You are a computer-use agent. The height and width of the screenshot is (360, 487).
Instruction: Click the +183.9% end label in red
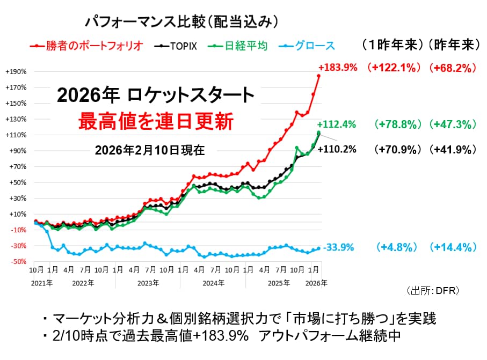(337, 68)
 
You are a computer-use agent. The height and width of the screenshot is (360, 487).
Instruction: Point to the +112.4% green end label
(337, 124)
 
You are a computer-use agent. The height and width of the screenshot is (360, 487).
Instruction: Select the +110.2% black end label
(337, 150)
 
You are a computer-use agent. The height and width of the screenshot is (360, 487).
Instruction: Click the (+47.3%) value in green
(453, 124)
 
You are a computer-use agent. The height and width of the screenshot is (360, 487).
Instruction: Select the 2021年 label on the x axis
(42, 282)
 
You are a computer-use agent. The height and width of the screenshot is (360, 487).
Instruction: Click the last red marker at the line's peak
(318, 76)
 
